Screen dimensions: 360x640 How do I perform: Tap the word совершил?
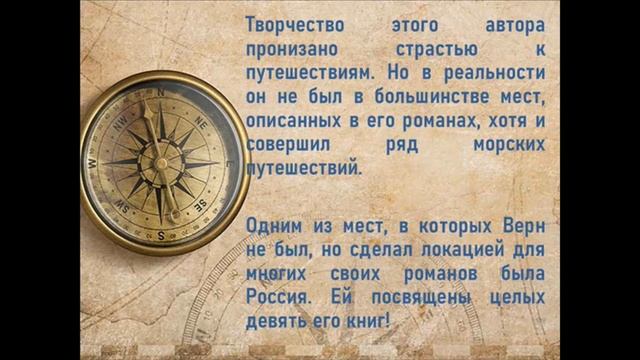point(289,146)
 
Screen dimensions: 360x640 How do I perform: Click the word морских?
point(508,146)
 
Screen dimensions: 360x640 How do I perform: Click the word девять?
point(276,322)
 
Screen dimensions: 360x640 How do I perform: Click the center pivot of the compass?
point(159,162)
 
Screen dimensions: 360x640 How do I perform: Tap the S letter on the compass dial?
point(160,234)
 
